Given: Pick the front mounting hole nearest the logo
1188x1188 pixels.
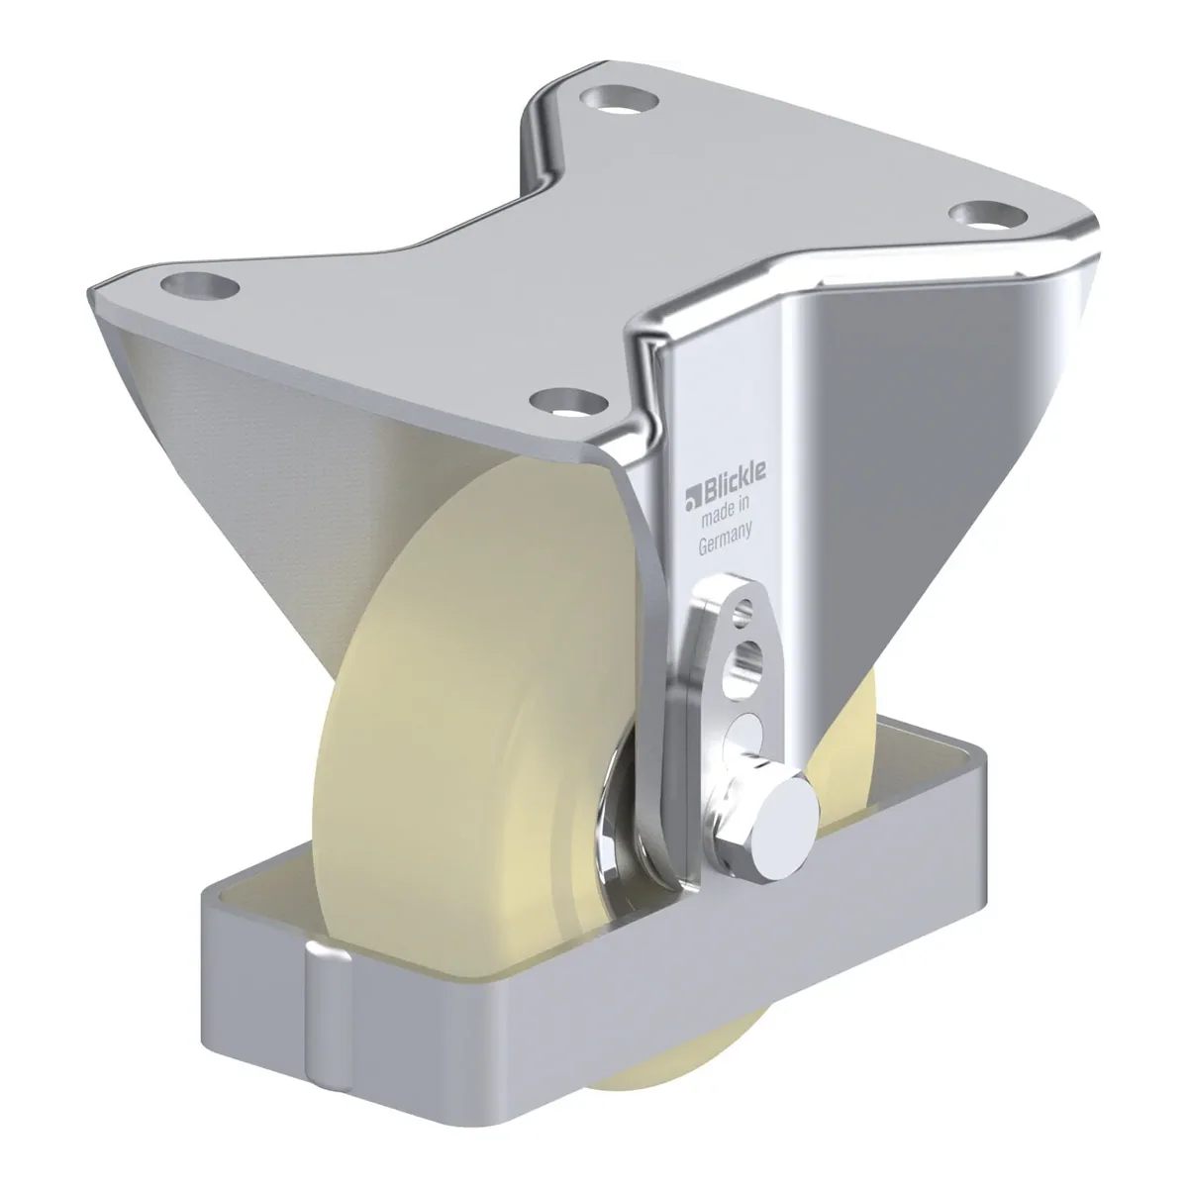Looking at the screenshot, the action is tap(569, 401).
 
